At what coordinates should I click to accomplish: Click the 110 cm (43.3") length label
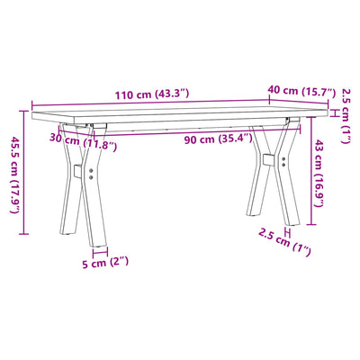[152, 94]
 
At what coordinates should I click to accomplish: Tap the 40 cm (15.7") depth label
[301, 91]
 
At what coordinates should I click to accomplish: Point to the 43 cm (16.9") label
[319, 173]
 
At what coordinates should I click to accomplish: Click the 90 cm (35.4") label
[218, 139]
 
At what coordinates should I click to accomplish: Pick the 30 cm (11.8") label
[83, 142]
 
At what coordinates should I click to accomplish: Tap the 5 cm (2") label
[105, 263]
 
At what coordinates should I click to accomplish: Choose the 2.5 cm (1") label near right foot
[284, 242]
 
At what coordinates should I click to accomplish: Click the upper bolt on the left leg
[91, 171]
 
